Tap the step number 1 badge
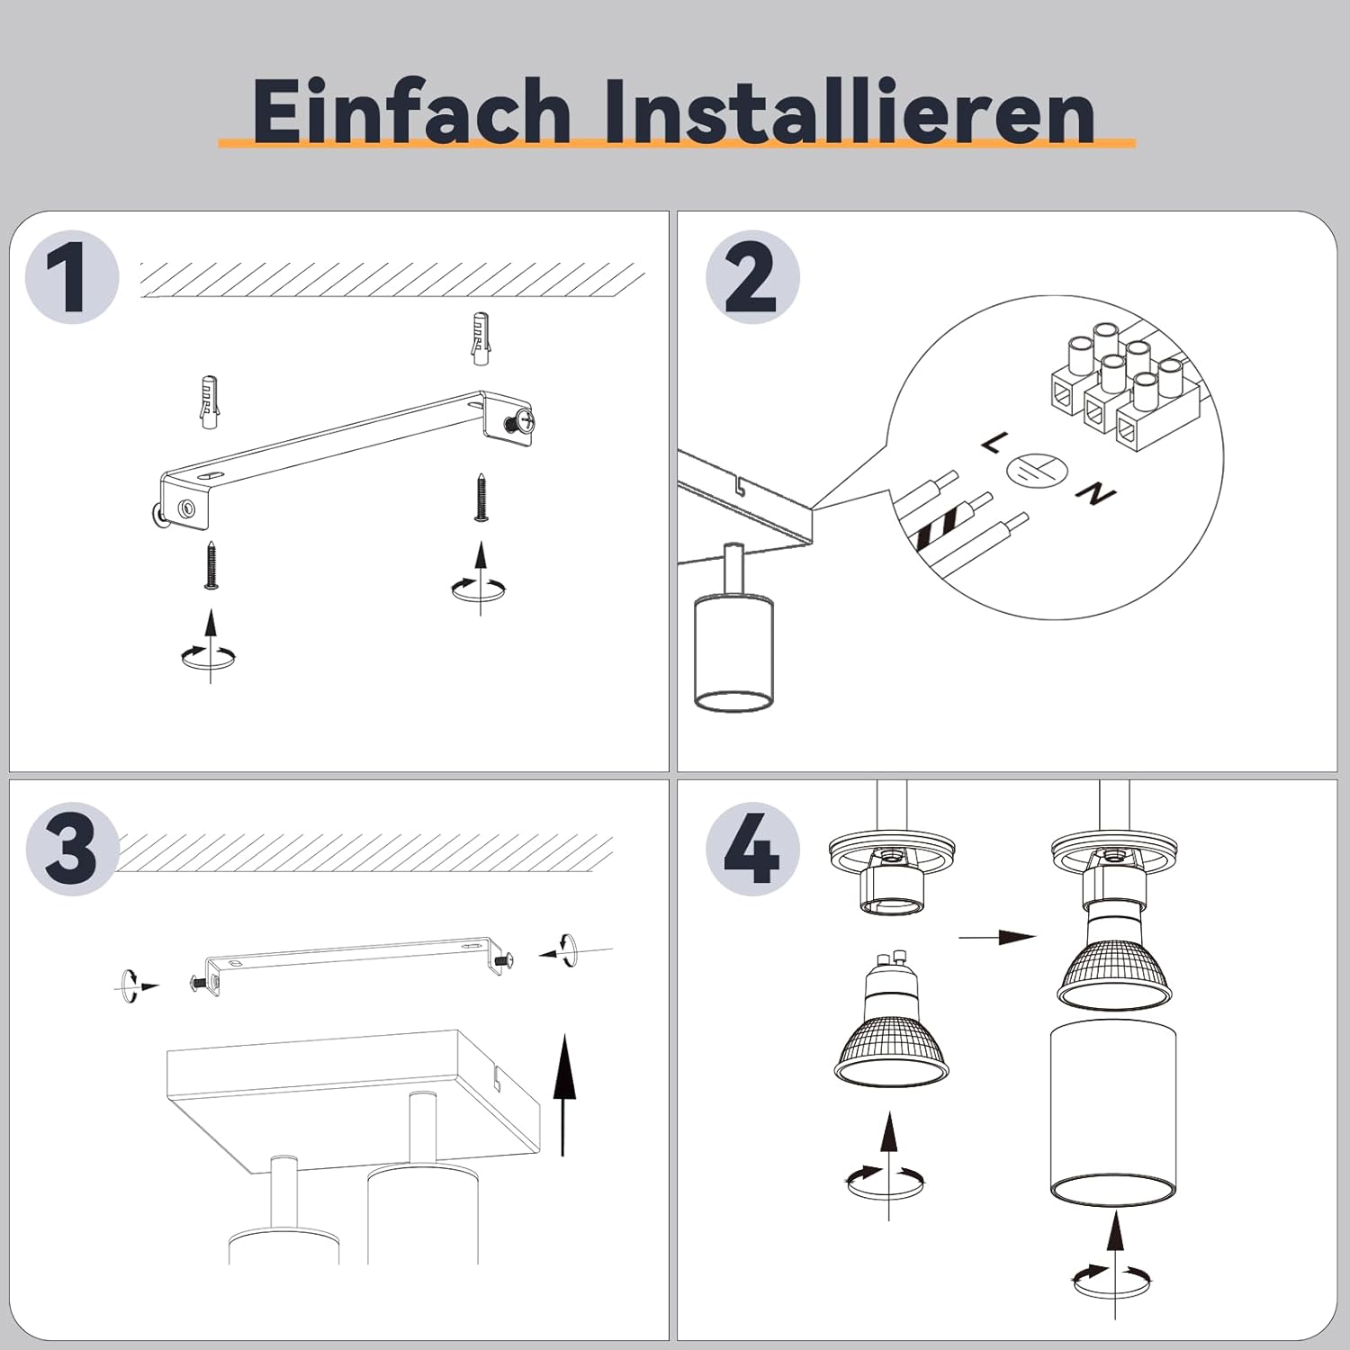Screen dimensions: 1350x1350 [72, 276]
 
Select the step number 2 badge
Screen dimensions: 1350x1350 [752, 276]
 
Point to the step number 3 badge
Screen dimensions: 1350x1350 [72, 849]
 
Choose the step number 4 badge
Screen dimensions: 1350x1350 [752, 849]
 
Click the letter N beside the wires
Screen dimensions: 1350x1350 [1096, 494]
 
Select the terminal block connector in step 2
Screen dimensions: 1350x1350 [1123, 391]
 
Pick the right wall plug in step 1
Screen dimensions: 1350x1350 [482, 338]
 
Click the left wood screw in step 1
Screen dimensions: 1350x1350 [211, 564]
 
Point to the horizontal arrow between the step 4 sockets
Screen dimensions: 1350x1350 [997, 937]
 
